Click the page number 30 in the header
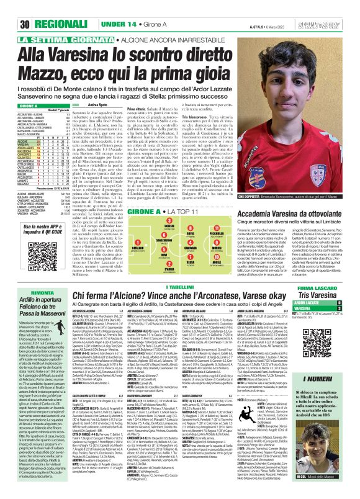[x=9, y=7]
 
